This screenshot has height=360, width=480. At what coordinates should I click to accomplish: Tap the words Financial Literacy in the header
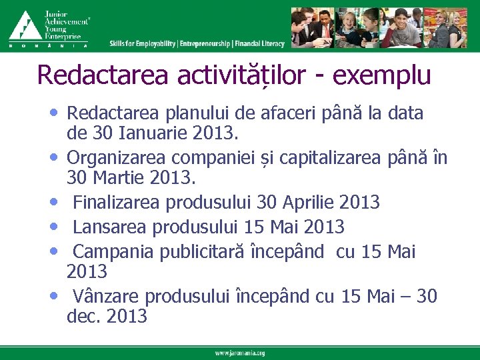pyautogui.click(x=260, y=44)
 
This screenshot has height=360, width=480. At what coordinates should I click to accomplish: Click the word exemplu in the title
pyautogui.click(x=381, y=75)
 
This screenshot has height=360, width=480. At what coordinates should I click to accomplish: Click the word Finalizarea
pyautogui.click(x=117, y=202)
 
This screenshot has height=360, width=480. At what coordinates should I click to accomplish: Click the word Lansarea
pyautogui.click(x=110, y=227)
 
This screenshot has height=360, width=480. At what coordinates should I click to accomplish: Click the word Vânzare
pyautogui.click(x=107, y=295)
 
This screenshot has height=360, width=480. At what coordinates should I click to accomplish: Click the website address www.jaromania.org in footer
pyautogui.click(x=239, y=353)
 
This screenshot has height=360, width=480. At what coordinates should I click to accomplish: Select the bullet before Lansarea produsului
pyautogui.click(x=53, y=227)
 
